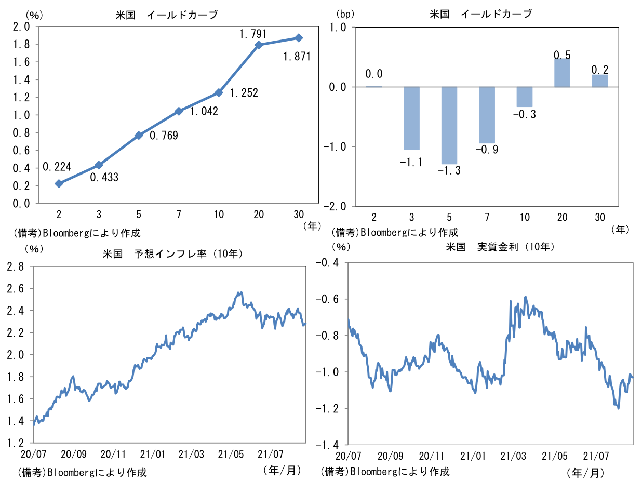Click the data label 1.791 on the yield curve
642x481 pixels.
click(253, 34)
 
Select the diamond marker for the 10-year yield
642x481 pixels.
click(219, 92)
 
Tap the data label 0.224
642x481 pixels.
click(57, 167)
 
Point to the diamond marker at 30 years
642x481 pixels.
click(299, 38)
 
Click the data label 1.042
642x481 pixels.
click(204, 111)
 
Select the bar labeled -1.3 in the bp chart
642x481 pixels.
click(449, 125)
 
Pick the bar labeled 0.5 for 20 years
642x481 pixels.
click(562, 73)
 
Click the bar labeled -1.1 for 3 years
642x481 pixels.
click(412, 118)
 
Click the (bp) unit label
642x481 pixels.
click(344, 14)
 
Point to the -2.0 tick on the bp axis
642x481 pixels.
click(334, 206)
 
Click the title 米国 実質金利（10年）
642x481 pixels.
click(500, 247)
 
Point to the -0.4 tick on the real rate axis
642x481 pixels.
click(327, 263)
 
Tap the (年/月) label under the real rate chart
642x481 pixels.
click(586, 472)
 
